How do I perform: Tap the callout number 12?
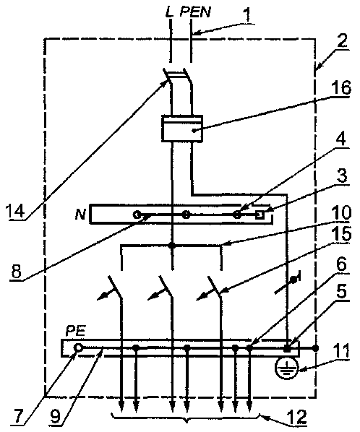click(296, 417)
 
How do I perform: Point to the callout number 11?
click(340, 351)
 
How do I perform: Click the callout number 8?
click(17, 271)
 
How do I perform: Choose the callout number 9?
click(56, 417)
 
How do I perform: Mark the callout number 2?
click(342, 41)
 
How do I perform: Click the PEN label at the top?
click(195, 12)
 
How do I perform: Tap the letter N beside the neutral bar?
click(80, 214)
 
